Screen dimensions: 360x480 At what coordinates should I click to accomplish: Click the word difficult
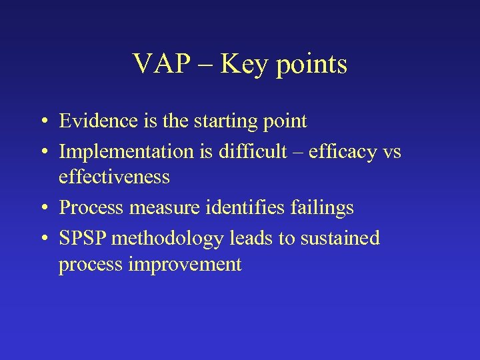coord(248,151)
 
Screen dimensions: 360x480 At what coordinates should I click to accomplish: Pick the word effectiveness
coord(114,177)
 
